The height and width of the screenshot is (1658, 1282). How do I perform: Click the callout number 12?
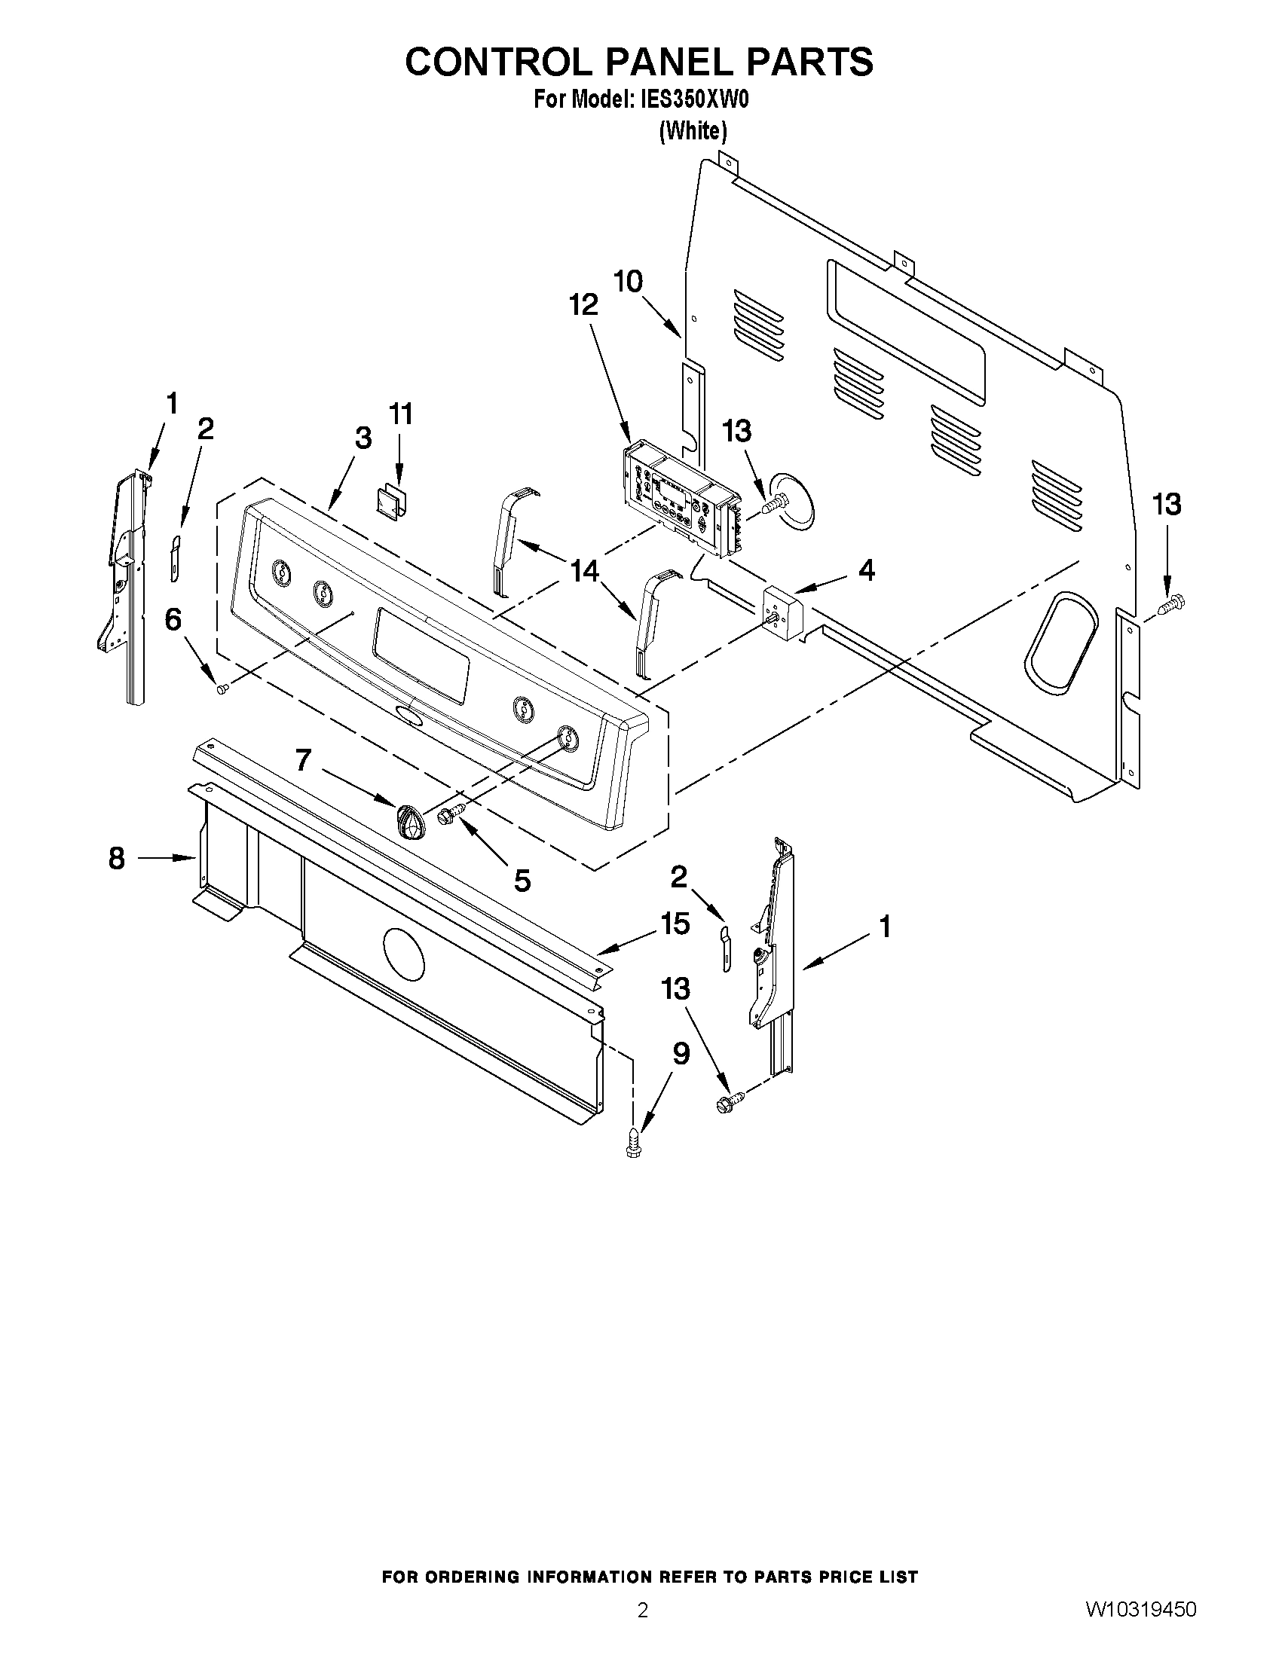tap(583, 305)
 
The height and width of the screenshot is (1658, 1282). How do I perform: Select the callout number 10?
tap(628, 282)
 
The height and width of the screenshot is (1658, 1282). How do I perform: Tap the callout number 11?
tap(400, 414)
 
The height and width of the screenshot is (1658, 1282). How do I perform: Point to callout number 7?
tap(303, 759)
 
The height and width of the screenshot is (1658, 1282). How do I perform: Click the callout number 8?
tap(116, 859)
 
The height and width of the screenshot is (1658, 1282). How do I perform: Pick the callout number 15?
tap(675, 924)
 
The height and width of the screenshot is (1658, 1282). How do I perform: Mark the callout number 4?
tap(866, 569)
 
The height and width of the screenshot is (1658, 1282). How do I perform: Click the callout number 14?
tap(585, 571)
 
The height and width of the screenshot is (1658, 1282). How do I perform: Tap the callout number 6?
tap(173, 620)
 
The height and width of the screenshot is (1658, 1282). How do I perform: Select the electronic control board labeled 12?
tap(680, 497)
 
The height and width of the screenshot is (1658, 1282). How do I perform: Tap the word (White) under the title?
tap(692, 131)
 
